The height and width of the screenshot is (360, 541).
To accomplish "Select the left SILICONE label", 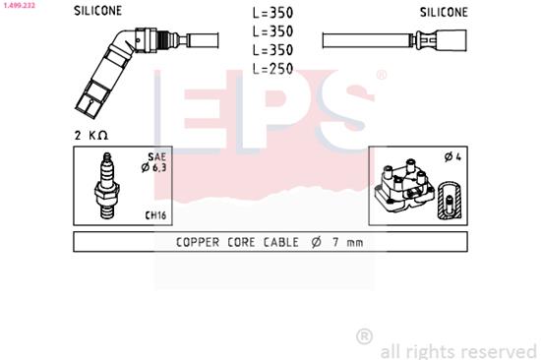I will pyautogui.click(x=98, y=13).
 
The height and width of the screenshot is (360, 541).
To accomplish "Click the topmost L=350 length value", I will pyautogui.click(x=274, y=14).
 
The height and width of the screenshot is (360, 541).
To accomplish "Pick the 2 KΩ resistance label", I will pyautogui.click(x=90, y=133).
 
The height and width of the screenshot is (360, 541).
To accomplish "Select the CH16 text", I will pyautogui.click(x=154, y=213).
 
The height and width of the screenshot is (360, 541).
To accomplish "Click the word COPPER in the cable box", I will pyautogui.click(x=199, y=242).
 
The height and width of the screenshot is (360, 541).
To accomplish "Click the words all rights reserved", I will pyautogui.click(x=457, y=349).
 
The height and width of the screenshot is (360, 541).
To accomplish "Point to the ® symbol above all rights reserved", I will pyautogui.click(x=364, y=336).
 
